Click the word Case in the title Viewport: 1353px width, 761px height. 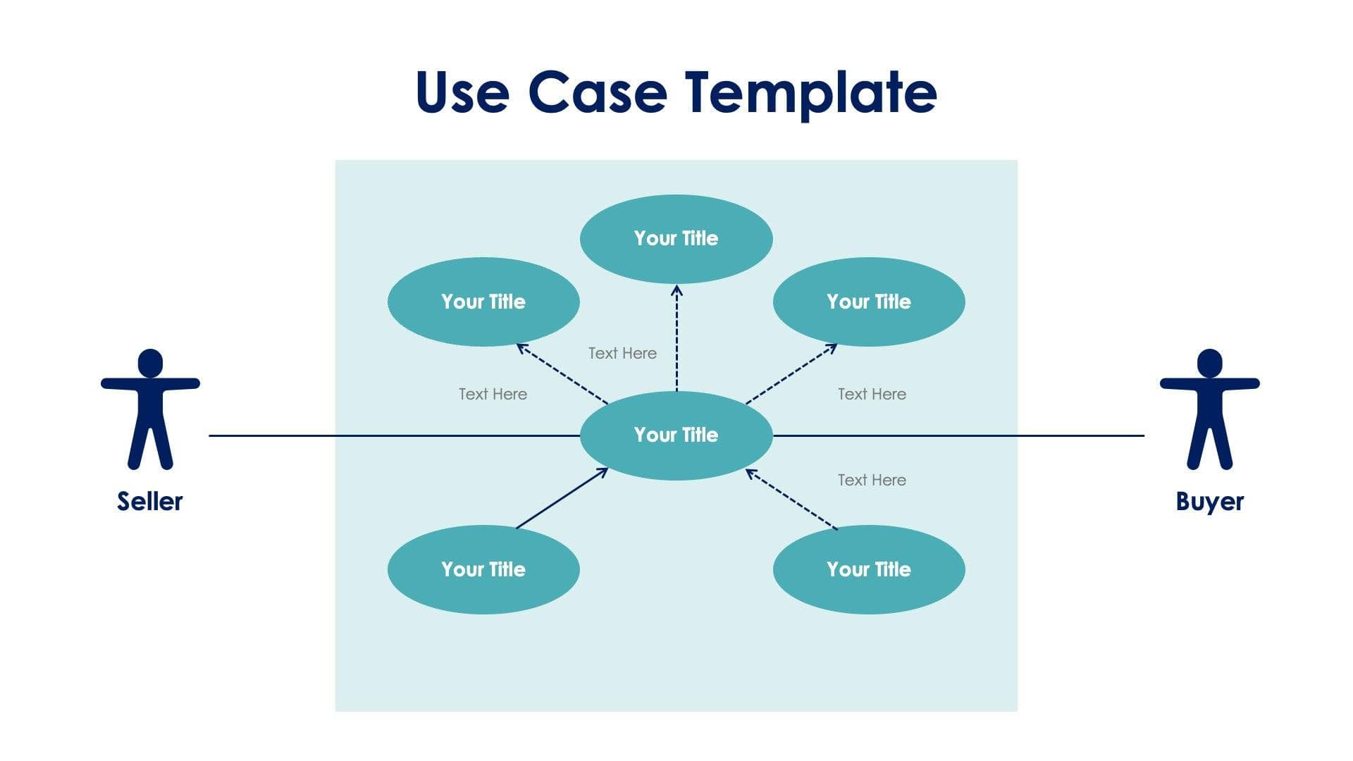pyautogui.click(x=597, y=92)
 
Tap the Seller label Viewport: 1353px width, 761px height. pyautogui.click(x=149, y=501)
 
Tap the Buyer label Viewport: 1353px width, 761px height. pyautogui.click(x=1209, y=501)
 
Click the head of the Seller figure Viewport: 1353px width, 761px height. pyautogui.click(x=150, y=363)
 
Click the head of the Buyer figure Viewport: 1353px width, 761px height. pyautogui.click(x=1209, y=363)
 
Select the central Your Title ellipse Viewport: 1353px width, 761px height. pyautogui.click(x=676, y=435)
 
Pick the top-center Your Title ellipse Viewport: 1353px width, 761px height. pyautogui.click(x=676, y=239)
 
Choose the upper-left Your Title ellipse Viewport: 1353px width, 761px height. pyautogui.click(x=483, y=302)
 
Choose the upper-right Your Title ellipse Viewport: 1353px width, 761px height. pyautogui.click(x=868, y=302)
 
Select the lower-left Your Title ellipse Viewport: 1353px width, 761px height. pyautogui.click(x=483, y=569)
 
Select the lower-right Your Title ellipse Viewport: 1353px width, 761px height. pyautogui.click(x=868, y=569)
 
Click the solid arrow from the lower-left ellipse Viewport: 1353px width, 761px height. pyautogui.click(x=562, y=498)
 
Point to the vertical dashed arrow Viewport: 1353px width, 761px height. pyautogui.click(x=676, y=338)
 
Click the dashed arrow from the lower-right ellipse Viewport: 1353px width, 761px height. pyautogui.click(x=791, y=499)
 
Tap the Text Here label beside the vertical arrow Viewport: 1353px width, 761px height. pyautogui.click(x=622, y=353)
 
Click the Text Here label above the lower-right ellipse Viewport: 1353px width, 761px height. pyautogui.click(x=872, y=480)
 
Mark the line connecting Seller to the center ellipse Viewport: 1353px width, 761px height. pyautogui.click(x=395, y=435)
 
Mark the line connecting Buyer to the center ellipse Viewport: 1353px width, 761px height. pyautogui.click(x=958, y=435)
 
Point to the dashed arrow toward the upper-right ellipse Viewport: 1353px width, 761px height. pyautogui.click(x=791, y=373)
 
